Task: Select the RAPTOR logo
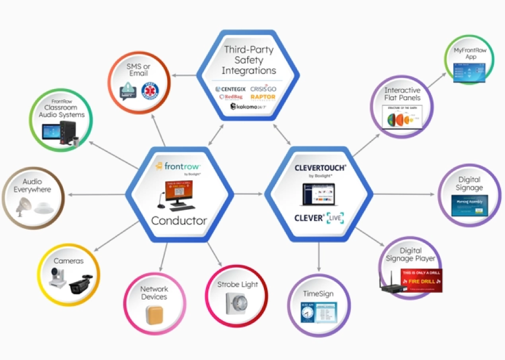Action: click(263, 97)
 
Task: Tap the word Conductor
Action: click(179, 221)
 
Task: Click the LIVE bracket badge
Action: click(336, 218)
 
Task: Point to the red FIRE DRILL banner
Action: click(416, 282)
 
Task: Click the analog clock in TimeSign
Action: click(308, 314)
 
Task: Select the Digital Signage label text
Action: click(469, 184)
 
